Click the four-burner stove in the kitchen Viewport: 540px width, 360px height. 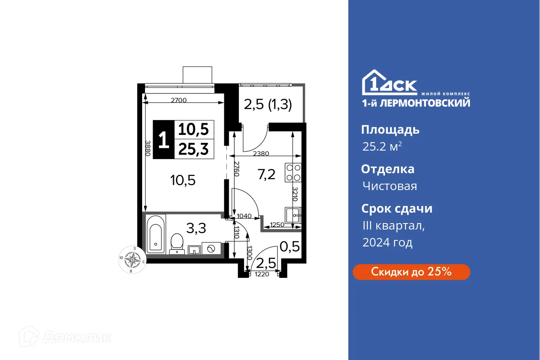click(x=293, y=172)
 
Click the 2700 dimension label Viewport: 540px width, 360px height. click(x=178, y=100)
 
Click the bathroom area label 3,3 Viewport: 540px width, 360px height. click(x=196, y=228)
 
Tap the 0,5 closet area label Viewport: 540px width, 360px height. click(x=290, y=246)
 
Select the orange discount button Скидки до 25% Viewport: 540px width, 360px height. click(x=411, y=272)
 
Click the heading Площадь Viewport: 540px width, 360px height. click(x=390, y=130)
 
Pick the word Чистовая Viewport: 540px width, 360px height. click(x=389, y=186)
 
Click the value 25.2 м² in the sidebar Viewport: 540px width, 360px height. click(x=382, y=147)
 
